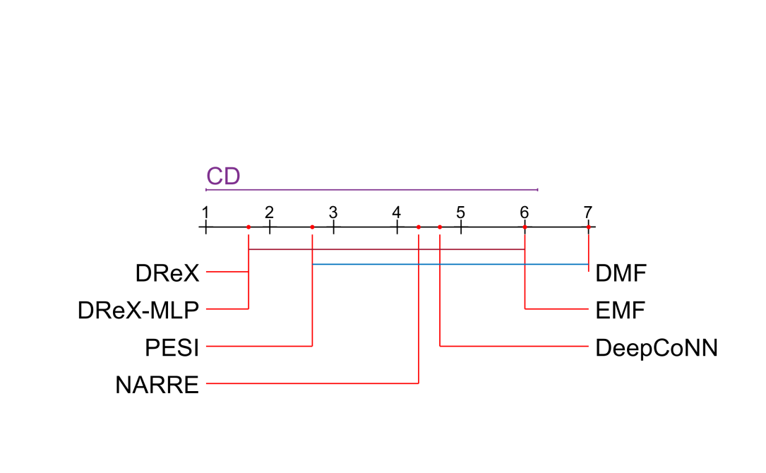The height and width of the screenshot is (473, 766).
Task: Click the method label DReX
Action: pos(167,272)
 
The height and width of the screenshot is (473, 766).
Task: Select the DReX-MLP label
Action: pos(138,309)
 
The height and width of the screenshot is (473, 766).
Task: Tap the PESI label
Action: pos(172,347)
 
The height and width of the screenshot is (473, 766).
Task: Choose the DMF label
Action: pos(621,273)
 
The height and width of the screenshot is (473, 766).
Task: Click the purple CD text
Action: pos(223,176)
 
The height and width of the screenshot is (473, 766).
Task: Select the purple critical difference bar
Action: pos(372,189)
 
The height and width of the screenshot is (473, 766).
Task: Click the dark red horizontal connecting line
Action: pos(387,249)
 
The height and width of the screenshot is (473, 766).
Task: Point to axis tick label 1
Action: pos(205,212)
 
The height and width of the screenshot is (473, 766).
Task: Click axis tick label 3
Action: pos(333,212)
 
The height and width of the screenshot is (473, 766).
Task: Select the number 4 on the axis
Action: pos(397,212)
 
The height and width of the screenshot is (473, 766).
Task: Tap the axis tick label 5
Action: pos(460,212)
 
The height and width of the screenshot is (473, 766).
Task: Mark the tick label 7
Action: pos(587,212)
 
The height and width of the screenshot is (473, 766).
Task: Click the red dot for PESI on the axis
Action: pos(312,227)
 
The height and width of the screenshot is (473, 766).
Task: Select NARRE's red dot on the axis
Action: pos(419,227)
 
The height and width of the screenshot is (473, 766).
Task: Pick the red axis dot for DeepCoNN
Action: pos(440,227)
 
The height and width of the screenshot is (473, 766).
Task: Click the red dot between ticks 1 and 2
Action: pos(249,227)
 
